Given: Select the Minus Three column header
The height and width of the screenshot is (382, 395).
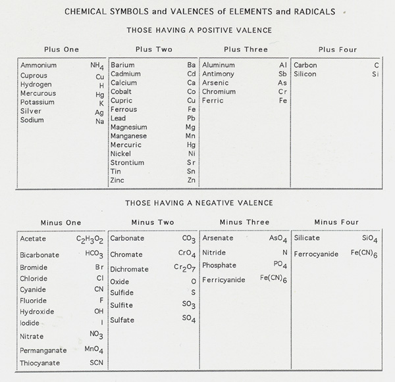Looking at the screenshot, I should (244, 222).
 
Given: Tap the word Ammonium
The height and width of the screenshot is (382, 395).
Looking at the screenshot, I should (39, 66).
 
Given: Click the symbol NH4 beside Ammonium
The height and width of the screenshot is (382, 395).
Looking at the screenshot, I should (97, 66).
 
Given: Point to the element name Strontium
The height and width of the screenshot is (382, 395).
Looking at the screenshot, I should (128, 162).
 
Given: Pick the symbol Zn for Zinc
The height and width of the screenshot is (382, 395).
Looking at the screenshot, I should (191, 180).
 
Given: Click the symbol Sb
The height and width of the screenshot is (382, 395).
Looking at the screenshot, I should (282, 74).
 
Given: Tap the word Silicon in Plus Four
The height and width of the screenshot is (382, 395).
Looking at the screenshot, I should (305, 74).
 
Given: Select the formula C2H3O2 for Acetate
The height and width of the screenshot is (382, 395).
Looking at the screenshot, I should (90, 240).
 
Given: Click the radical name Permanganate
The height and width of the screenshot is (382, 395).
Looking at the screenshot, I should (43, 350).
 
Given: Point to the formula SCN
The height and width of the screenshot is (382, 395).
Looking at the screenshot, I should (96, 363).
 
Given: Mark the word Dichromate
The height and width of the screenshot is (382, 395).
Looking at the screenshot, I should (130, 270).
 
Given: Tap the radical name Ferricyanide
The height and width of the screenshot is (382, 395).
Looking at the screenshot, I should (224, 280).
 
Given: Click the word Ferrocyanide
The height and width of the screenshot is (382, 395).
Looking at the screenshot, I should (317, 254).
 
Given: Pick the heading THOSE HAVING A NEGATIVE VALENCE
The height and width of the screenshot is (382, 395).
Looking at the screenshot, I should (199, 203).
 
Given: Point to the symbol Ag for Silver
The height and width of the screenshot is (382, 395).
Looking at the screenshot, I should (99, 112).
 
